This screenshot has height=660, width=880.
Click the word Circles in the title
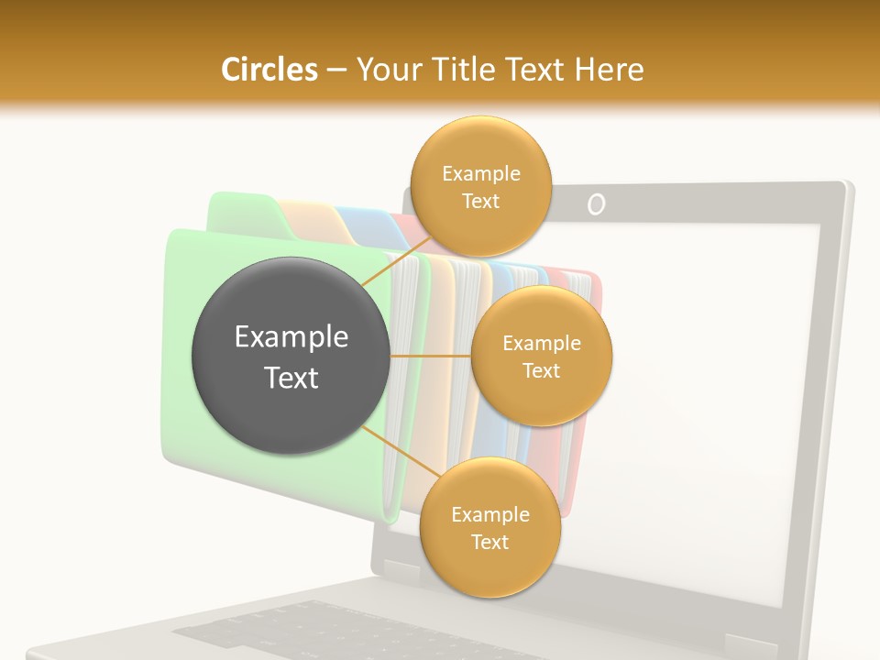click(269, 70)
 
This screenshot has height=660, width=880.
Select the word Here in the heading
click(610, 70)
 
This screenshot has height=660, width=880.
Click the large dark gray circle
click(291, 357)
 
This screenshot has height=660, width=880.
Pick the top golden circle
click(479, 186)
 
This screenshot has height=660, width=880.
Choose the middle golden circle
click(541, 357)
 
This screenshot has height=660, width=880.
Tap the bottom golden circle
click(489, 528)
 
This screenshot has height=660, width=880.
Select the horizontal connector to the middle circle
click(430, 356)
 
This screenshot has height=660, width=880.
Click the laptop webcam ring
click(596, 203)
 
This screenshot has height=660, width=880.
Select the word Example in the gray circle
click(291, 337)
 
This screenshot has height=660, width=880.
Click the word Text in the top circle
click(479, 201)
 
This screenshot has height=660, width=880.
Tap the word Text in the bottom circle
click(489, 543)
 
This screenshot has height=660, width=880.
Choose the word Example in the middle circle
click(541, 344)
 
